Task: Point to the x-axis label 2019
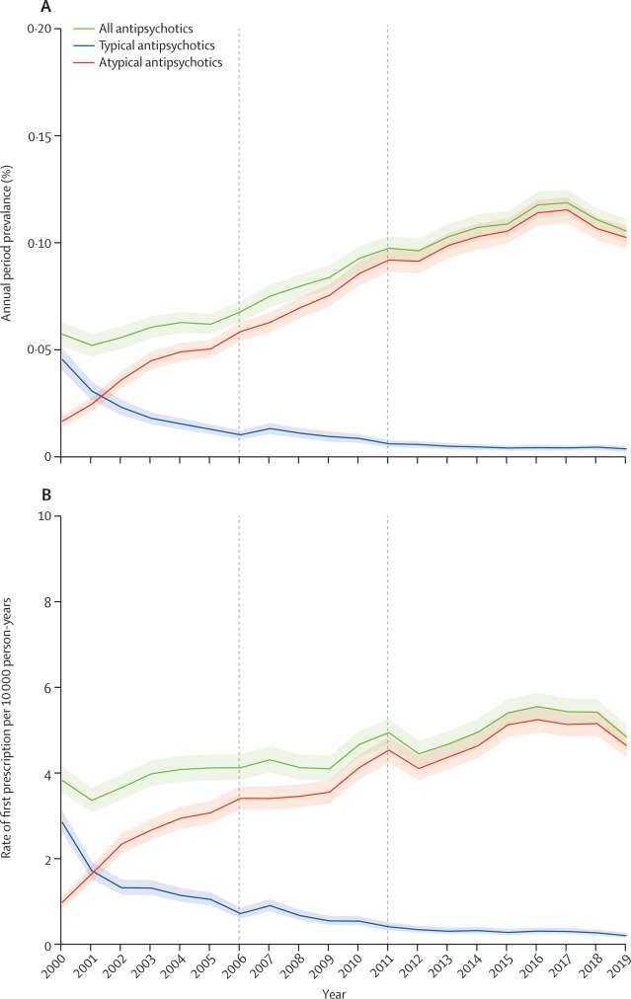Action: click(x=621, y=969)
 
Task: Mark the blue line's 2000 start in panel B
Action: click(x=61, y=821)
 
